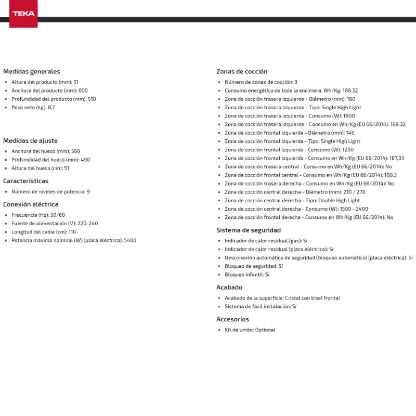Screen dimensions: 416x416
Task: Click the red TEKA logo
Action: click(23, 14)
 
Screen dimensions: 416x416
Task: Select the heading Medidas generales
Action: click(31, 72)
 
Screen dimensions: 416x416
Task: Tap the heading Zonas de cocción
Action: click(242, 72)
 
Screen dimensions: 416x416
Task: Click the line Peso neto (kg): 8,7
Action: click(33, 108)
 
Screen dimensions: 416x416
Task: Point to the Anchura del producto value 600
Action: click(83, 90)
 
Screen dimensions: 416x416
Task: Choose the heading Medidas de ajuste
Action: click(30, 141)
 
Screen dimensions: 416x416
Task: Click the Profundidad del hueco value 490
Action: click(85, 160)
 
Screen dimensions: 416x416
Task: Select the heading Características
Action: click(25, 181)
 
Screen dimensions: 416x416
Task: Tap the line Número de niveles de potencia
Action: click(50, 192)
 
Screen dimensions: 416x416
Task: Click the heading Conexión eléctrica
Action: click(31, 204)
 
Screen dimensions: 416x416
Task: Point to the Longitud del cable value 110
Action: click(72, 232)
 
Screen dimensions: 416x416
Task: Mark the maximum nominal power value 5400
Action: click(130, 240)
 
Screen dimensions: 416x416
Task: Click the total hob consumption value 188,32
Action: click(350, 90)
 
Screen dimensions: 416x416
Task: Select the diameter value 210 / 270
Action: click(355, 192)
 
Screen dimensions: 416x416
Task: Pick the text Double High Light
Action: click(341, 201)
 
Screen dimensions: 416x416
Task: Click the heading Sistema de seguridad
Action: click(249, 230)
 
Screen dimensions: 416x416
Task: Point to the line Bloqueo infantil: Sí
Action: click(247, 275)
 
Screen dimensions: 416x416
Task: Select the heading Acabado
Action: click(229, 287)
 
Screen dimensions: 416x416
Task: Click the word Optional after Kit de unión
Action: click(265, 330)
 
